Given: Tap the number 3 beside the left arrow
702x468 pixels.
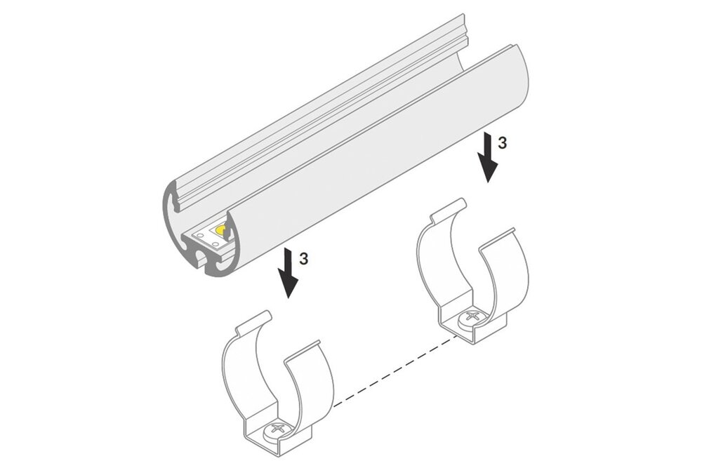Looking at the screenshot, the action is [x=303, y=260].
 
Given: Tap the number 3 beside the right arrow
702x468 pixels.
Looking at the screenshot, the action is [x=503, y=143].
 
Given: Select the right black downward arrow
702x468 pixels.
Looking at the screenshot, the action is [x=487, y=157].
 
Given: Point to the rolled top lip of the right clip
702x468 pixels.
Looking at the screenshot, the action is [x=446, y=209].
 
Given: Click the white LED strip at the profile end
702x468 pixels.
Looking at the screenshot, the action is [x=209, y=238].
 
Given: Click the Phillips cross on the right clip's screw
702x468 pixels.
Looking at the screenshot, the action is [x=472, y=317].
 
